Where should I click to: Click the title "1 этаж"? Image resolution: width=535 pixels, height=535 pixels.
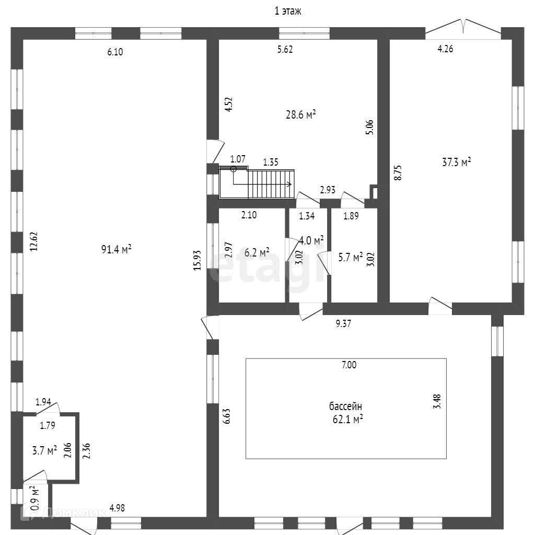click(288, 11)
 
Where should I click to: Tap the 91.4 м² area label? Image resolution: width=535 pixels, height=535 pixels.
click(116, 250)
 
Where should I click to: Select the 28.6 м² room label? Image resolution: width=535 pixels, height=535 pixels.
click(300, 114)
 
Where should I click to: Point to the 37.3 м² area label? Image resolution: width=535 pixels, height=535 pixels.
click(457, 162)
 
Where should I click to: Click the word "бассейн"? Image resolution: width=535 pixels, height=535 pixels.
click(345, 406)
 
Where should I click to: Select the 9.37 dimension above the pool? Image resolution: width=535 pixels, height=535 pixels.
click(343, 324)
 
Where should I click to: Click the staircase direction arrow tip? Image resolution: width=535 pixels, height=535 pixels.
click(290, 184)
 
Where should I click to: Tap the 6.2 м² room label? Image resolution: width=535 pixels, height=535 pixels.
click(257, 252)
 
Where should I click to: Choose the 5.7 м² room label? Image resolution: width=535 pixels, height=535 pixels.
click(350, 257)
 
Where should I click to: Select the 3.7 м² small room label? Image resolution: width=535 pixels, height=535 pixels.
click(44, 450)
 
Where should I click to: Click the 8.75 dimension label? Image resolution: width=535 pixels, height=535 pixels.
click(398, 173)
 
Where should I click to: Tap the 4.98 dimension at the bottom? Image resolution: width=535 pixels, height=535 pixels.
click(117, 507)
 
